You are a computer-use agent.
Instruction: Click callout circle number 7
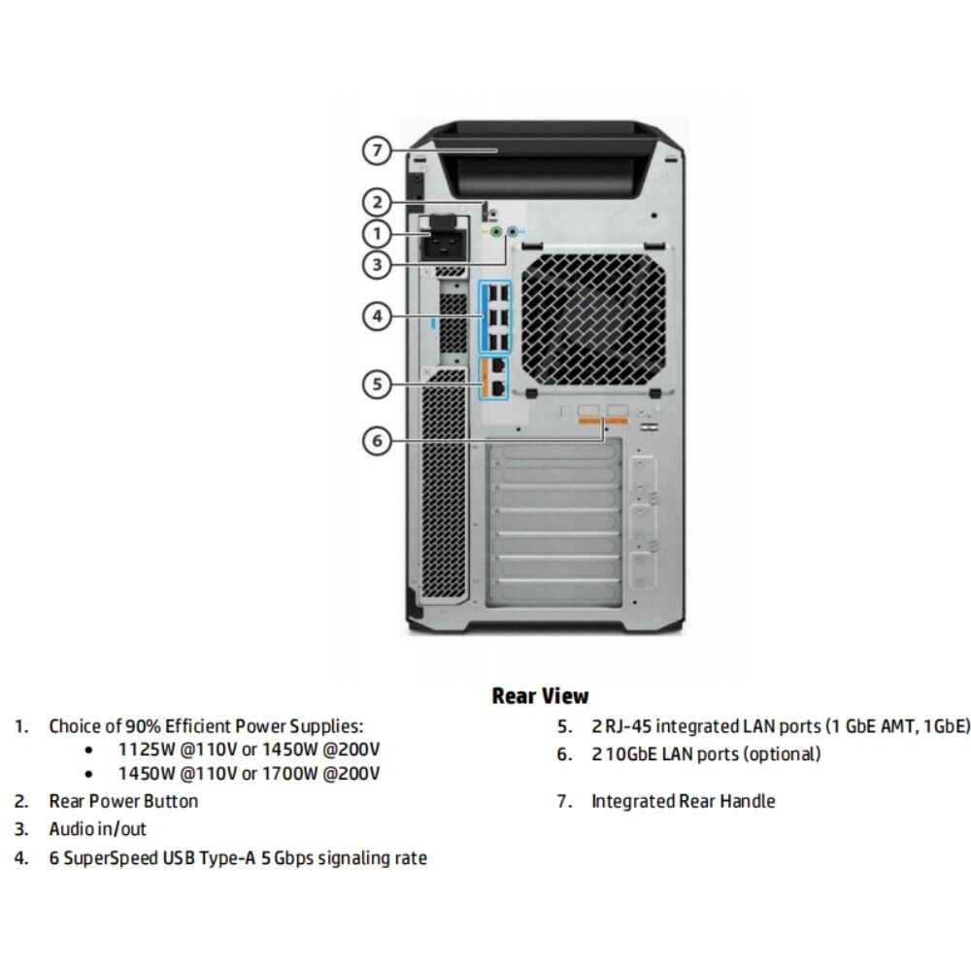pos(378,151)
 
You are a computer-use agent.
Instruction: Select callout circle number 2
pos(378,203)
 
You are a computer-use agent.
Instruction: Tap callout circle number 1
pos(378,233)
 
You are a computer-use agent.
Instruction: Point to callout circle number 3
pos(378,263)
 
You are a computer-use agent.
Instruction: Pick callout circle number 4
pos(378,315)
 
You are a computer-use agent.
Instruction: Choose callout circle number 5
pos(378,384)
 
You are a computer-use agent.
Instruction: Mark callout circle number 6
pos(378,440)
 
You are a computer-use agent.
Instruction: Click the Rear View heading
pos(540,695)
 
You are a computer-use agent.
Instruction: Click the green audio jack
pos(496,233)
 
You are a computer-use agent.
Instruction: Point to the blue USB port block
pos(495,317)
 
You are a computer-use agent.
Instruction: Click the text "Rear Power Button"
pos(123,801)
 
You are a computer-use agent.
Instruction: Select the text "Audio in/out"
pos(98,829)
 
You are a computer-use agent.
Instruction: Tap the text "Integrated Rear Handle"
pos(683,801)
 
